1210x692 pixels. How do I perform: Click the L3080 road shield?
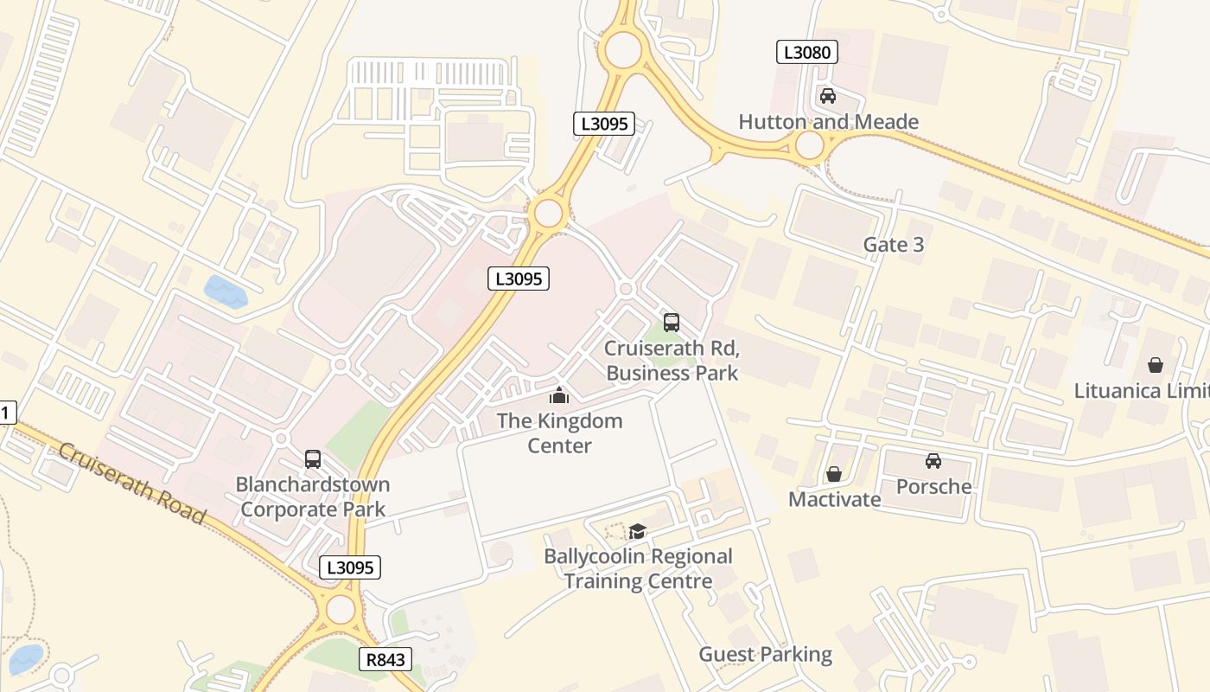tap(806, 52)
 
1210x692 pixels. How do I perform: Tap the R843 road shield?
tap(385, 660)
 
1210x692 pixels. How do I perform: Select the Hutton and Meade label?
tap(828, 122)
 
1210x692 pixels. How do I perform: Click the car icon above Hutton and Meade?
tap(828, 96)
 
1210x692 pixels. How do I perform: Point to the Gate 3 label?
tap(894, 245)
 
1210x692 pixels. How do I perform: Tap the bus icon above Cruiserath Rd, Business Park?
tap(672, 323)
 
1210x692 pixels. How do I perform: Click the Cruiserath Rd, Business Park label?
tap(672, 361)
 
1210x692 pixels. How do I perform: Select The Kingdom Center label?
tap(559, 433)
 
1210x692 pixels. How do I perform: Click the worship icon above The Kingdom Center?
tap(559, 396)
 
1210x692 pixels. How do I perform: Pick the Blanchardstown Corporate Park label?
tap(313, 497)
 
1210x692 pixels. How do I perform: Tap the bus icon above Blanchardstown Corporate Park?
tap(313, 459)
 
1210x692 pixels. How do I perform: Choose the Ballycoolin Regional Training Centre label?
tap(638, 568)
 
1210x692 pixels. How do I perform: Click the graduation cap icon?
tap(638, 531)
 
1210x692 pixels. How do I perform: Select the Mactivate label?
tap(834, 499)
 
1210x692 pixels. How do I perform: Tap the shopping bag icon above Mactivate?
tap(834, 474)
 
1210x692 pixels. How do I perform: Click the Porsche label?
tap(933, 486)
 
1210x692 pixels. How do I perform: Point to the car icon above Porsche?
tap(933, 460)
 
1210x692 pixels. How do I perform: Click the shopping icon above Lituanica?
tap(1156, 365)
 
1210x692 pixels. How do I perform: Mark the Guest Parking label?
tap(765, 655)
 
